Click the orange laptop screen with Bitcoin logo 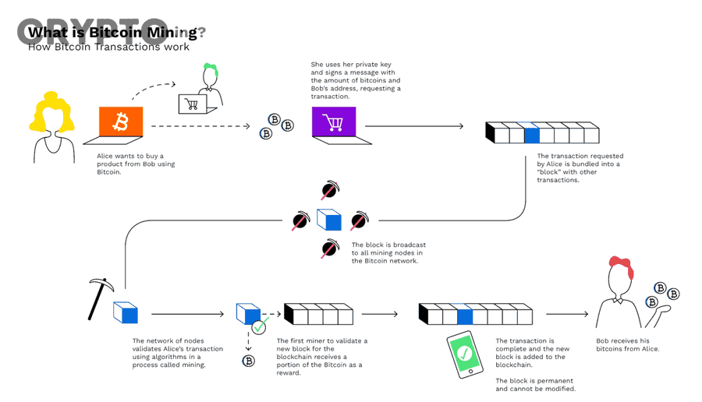[121, 122]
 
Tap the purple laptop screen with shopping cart [334, 122]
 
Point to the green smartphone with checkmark [465, 354]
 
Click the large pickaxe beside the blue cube [100, 298]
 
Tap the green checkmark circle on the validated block [259, 327]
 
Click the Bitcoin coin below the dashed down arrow [249, 361]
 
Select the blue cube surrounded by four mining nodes [328, 220]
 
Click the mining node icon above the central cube [331, 189]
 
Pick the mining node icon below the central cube [330, 249]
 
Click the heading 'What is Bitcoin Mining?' [117, 33]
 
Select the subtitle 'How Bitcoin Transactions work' [108, 47]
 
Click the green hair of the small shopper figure [211, 69]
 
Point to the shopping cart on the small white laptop [192, 104]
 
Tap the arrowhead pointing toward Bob [585, 314]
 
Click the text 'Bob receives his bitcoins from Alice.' [628, 345]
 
